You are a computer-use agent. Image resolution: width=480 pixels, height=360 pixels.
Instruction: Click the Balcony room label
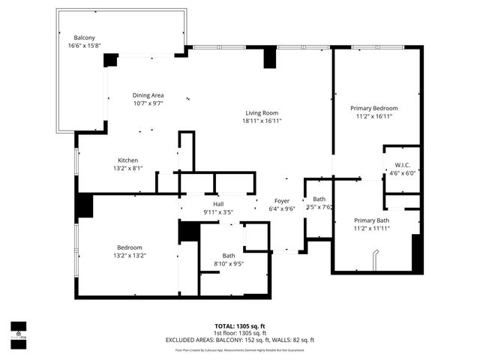tap(84, 38)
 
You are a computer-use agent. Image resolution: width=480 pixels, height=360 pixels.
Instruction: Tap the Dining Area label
tap(148, 95)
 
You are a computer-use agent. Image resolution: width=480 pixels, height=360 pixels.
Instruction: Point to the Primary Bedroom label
tap(374, 108)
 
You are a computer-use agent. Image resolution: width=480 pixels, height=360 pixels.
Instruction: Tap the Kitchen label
tap(127, 160)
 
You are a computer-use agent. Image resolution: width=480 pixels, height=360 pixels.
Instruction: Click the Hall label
tap(218, 204)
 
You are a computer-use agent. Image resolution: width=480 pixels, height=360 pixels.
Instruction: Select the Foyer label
tap(282, 201)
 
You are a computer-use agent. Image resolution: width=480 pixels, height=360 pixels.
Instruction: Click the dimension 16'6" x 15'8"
tap(83, 46)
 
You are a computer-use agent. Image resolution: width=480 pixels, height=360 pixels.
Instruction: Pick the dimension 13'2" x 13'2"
tap(129, 256)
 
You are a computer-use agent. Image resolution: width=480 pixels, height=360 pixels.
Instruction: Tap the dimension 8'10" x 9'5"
tap(228, 263)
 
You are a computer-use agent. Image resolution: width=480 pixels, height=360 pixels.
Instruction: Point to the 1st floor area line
tap(239, 333)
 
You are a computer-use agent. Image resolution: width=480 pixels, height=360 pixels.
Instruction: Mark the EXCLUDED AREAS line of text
tap(239, 340)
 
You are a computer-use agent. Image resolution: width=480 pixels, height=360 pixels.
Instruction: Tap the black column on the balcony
tap(110, 60)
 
